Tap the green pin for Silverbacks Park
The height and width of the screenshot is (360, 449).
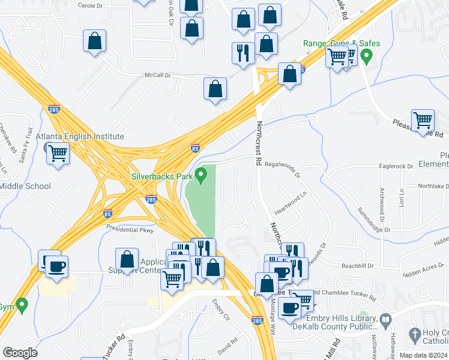click(202, 175)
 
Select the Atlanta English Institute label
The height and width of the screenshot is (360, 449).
click(79, 136)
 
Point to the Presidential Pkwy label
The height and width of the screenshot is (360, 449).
click(130, 229)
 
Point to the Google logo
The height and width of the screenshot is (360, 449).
click(20, 353)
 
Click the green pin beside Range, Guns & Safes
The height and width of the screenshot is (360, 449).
click(368, 58)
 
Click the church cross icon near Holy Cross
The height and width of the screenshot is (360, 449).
click(414, 334)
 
